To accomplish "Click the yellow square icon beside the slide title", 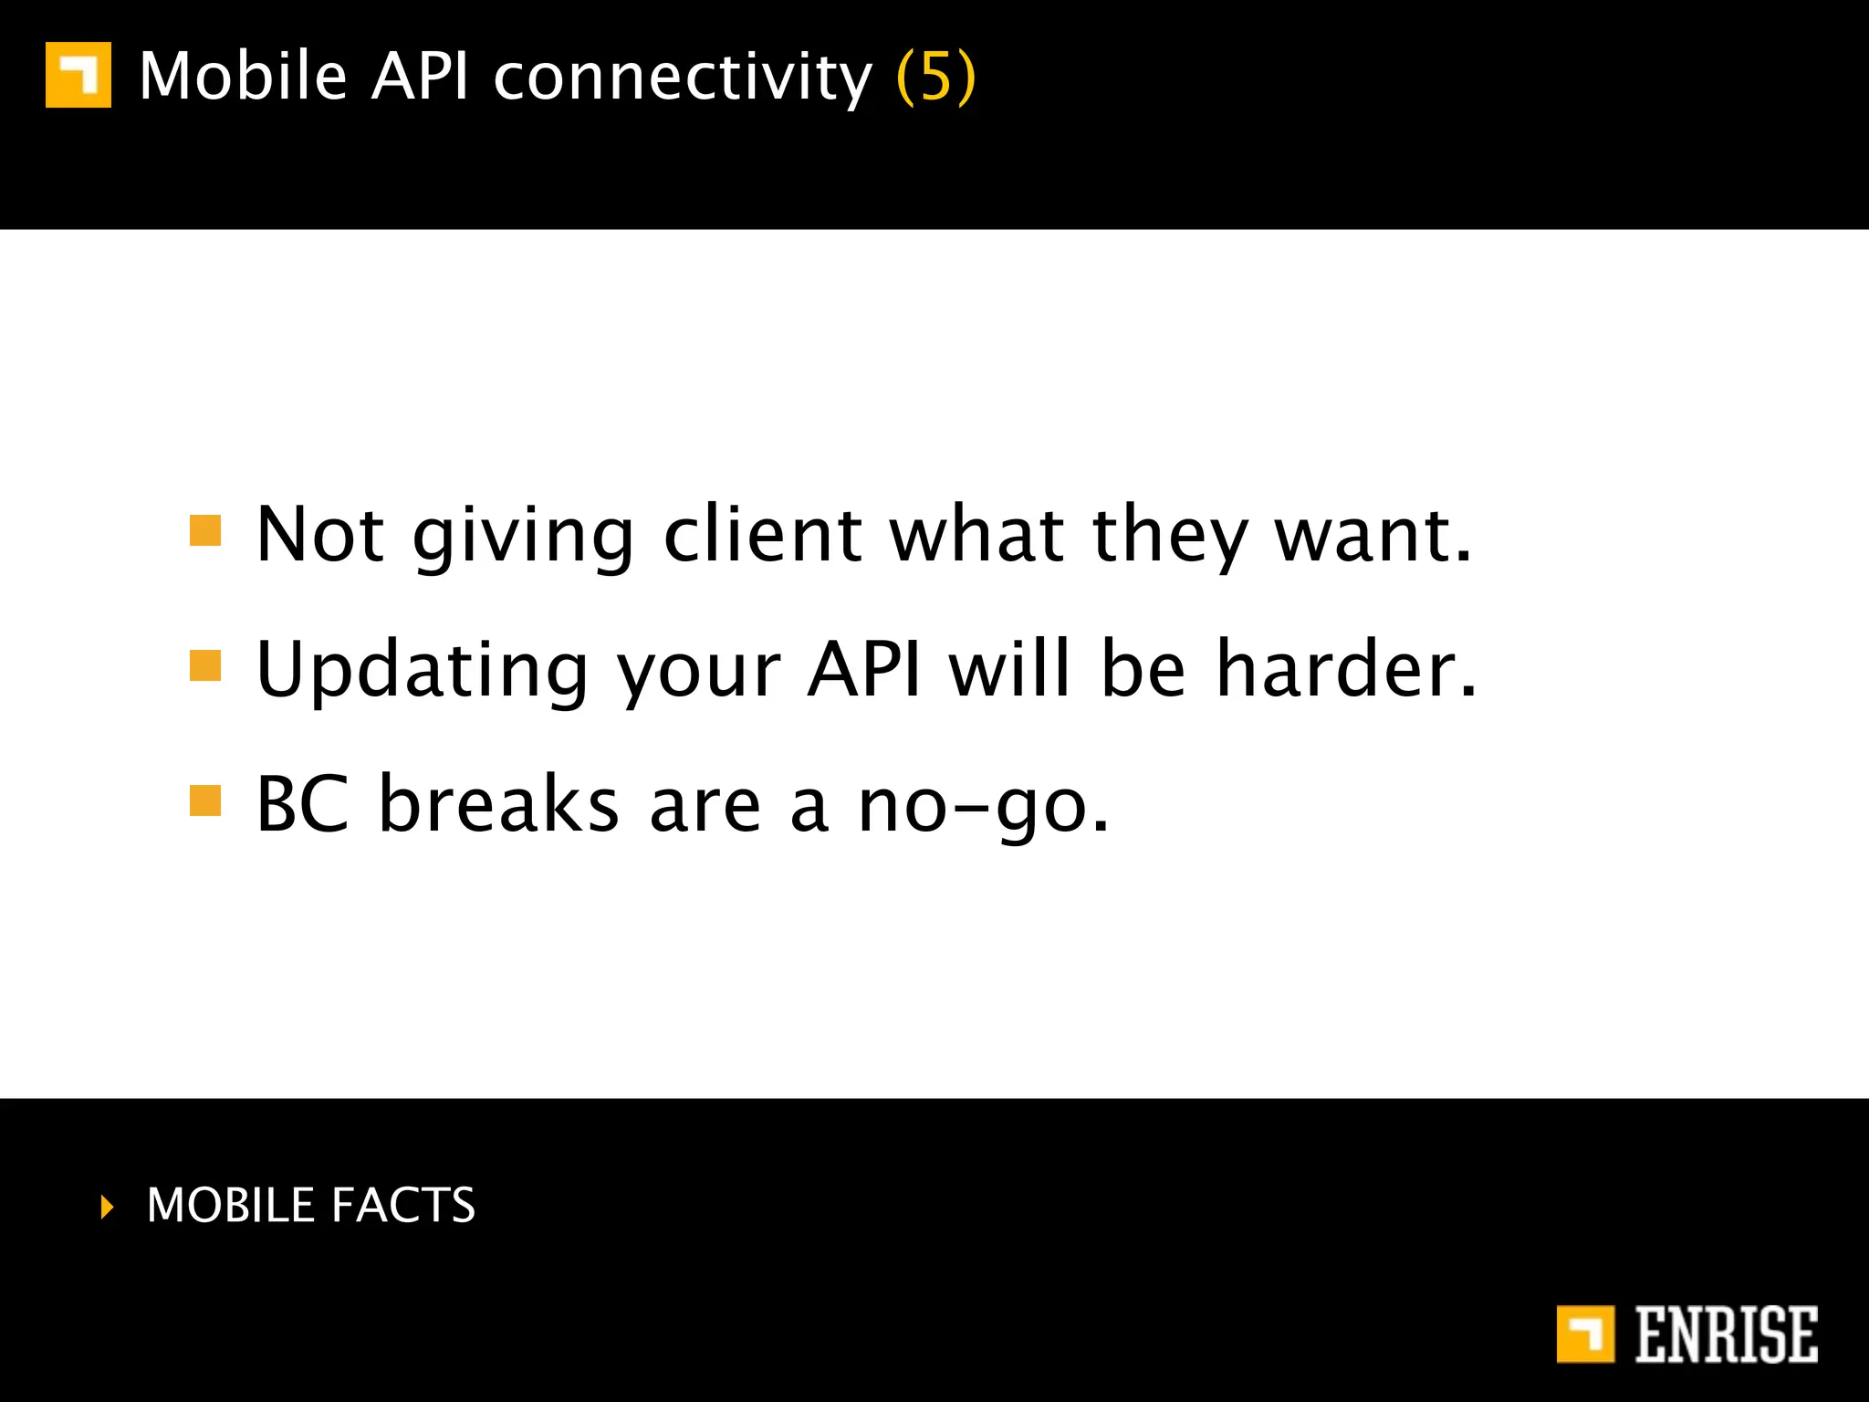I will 78,75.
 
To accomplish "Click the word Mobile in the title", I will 243,76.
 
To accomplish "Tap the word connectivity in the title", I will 683,78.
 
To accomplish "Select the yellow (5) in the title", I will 936,78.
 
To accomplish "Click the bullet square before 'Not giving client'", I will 205,530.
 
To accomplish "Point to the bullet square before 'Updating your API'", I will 205,665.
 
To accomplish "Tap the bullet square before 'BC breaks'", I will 205,800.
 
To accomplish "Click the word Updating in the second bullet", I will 423,671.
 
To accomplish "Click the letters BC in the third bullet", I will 302,804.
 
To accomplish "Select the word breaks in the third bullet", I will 498,804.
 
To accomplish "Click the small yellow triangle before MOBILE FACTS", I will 108,1207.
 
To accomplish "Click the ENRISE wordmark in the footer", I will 1726,1334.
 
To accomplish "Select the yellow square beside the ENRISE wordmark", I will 1585,1334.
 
